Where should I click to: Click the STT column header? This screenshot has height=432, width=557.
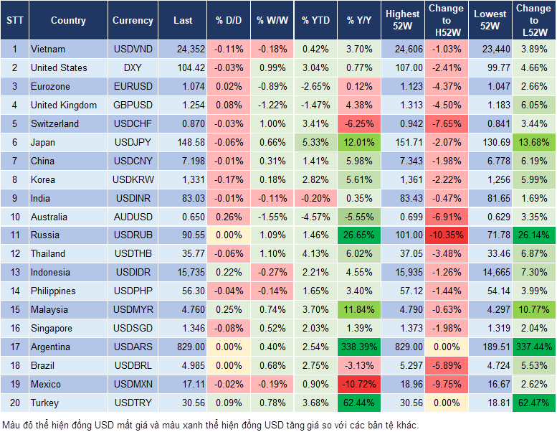point(14,21)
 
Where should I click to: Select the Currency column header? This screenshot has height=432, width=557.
point(133,21)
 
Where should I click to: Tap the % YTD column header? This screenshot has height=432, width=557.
point(315,21)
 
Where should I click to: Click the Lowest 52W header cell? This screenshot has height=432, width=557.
point(490,20)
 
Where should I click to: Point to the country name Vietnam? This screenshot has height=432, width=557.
point(48,49)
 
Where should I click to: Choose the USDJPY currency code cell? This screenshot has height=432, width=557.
point(133,142)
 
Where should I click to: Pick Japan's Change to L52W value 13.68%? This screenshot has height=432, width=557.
point(534,142)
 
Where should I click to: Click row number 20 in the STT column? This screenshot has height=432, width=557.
point(14,403)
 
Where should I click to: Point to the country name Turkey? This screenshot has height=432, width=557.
point(44,403)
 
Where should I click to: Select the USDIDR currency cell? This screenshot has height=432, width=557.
point(133,272)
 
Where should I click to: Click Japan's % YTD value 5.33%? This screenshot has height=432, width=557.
point(315,142)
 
